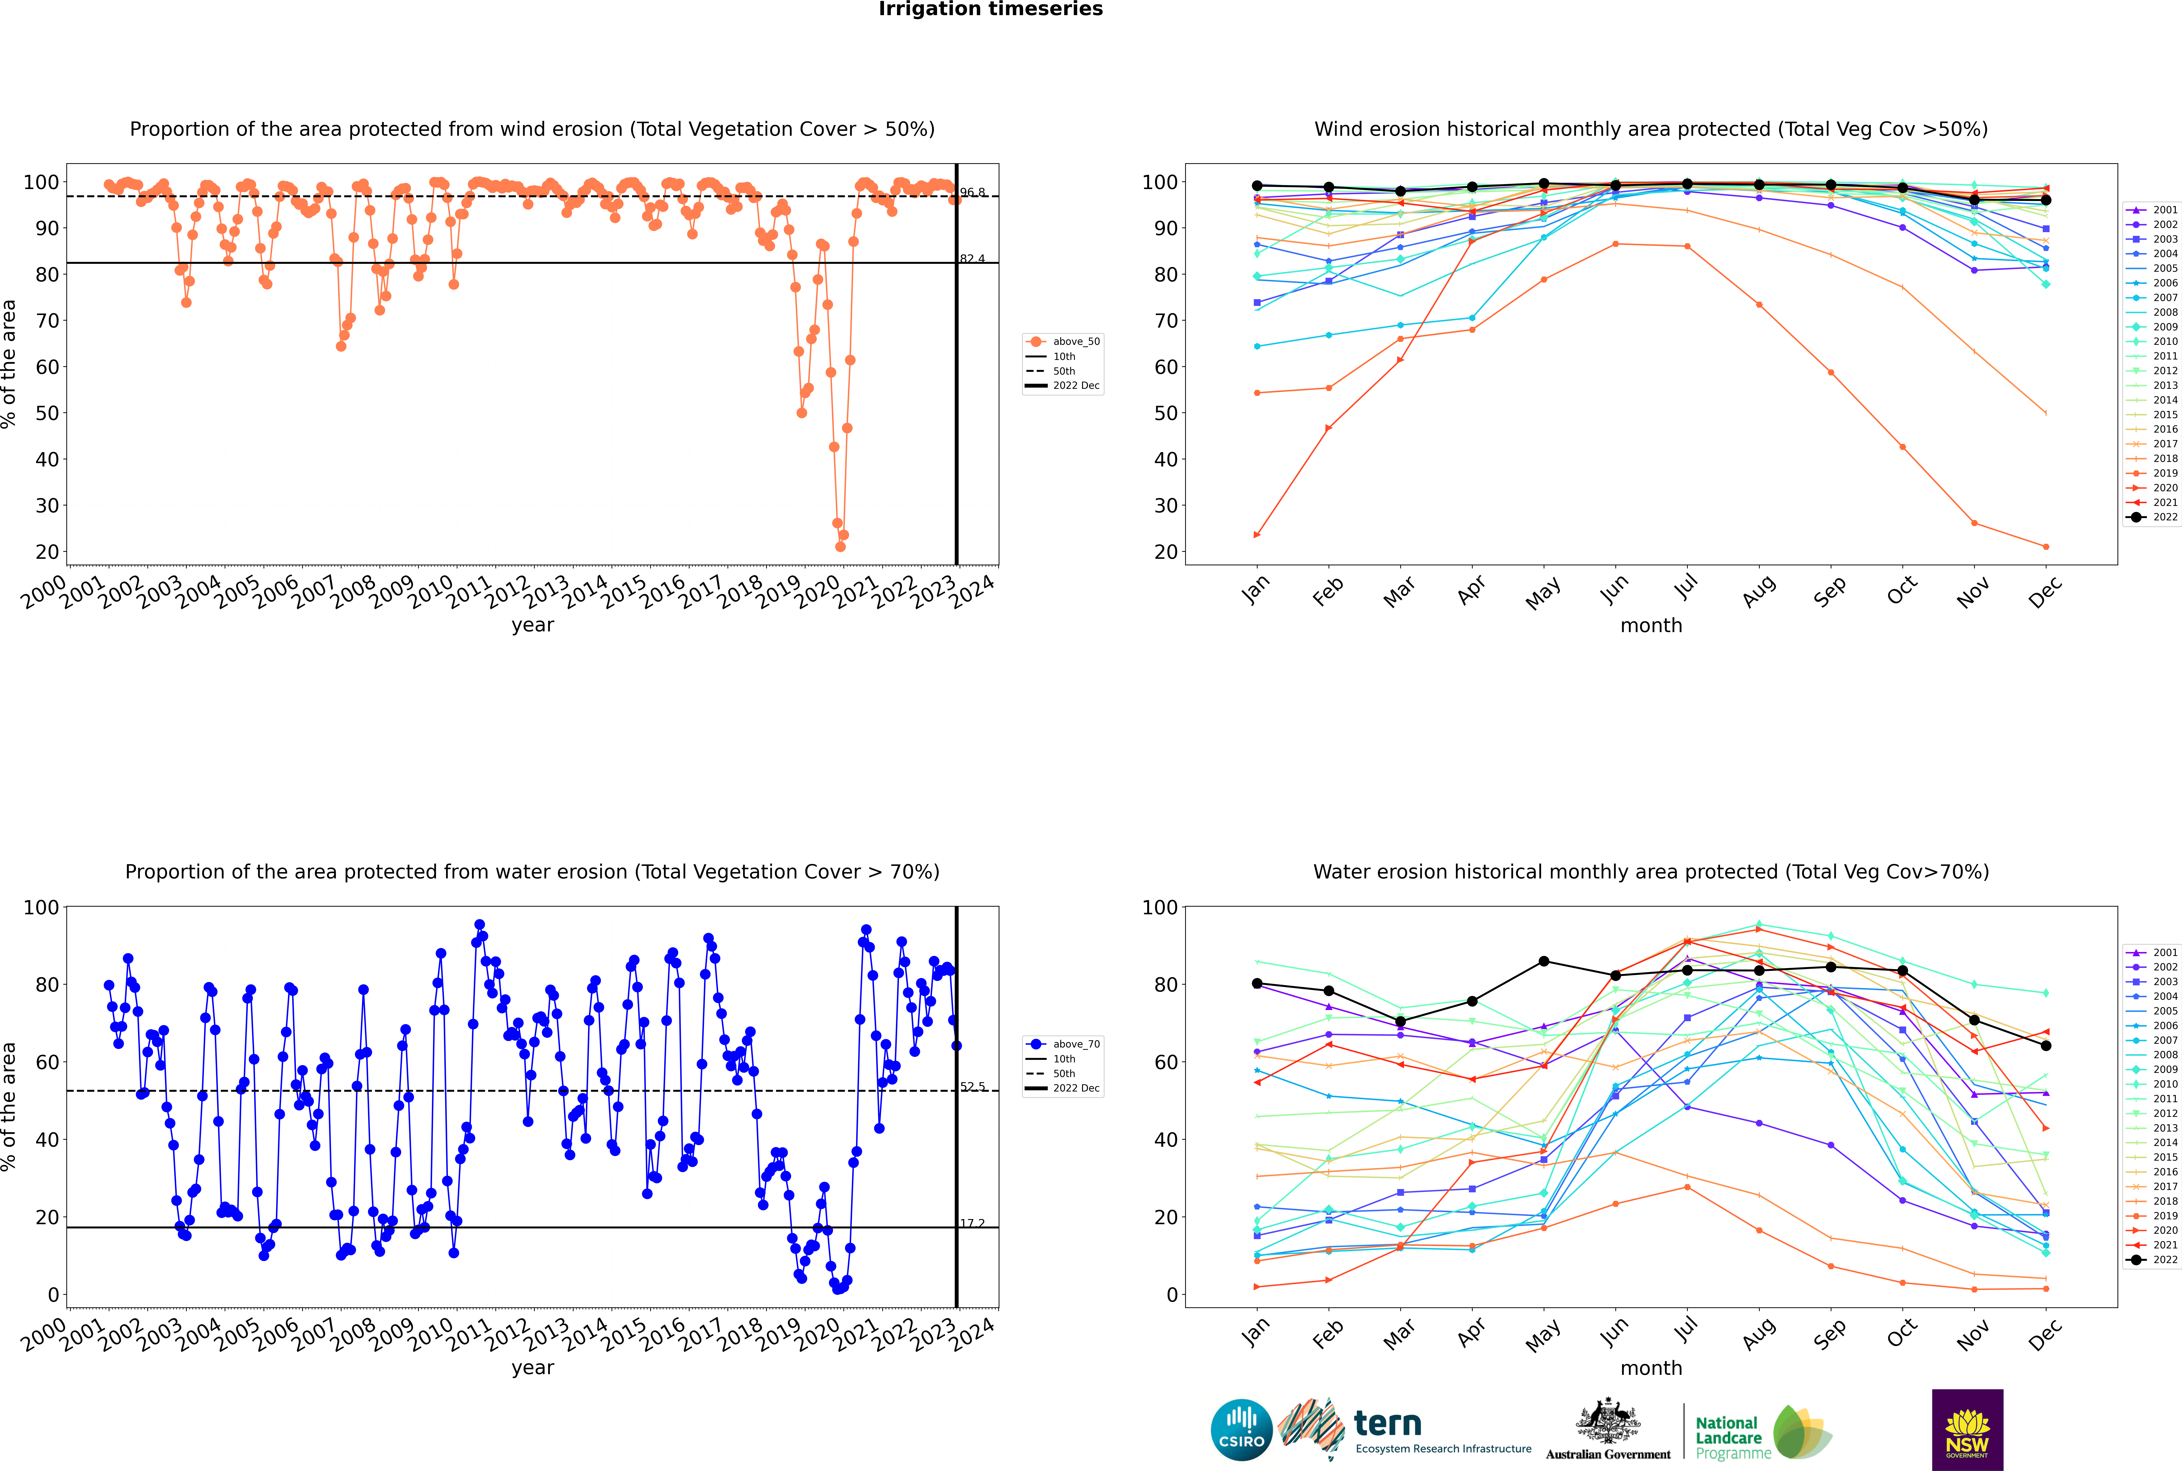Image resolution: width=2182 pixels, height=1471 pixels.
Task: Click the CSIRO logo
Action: pos(1241,1430)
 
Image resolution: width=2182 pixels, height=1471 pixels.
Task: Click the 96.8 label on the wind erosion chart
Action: pos(972,192)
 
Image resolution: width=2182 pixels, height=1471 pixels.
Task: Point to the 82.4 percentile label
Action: pos(972,259)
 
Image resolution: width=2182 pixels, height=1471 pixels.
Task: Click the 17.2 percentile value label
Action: pos(972,1223)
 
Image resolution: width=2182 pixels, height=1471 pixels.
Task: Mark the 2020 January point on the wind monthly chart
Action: pos(1257,535)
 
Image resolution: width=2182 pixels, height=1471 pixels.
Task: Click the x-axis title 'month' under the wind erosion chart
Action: pos(1651,626)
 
